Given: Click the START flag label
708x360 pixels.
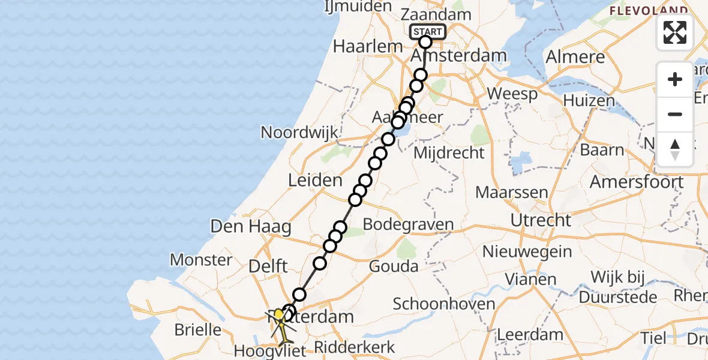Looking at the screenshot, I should pos(427,32).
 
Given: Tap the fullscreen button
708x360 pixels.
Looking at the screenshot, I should pos(675,32).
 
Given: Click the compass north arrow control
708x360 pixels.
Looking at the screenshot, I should pos(675,149).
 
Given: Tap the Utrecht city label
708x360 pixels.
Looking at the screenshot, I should pos(541,220).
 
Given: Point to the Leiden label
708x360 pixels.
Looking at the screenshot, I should pos(315,179).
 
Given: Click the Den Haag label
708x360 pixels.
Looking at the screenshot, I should pos(251,226).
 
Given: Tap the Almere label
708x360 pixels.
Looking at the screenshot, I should pos(575,58).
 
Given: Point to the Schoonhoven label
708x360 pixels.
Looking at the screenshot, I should pos(444,304).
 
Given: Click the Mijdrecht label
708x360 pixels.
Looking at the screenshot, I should pos(449,153).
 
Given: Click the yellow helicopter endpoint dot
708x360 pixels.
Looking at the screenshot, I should pos(279,314).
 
